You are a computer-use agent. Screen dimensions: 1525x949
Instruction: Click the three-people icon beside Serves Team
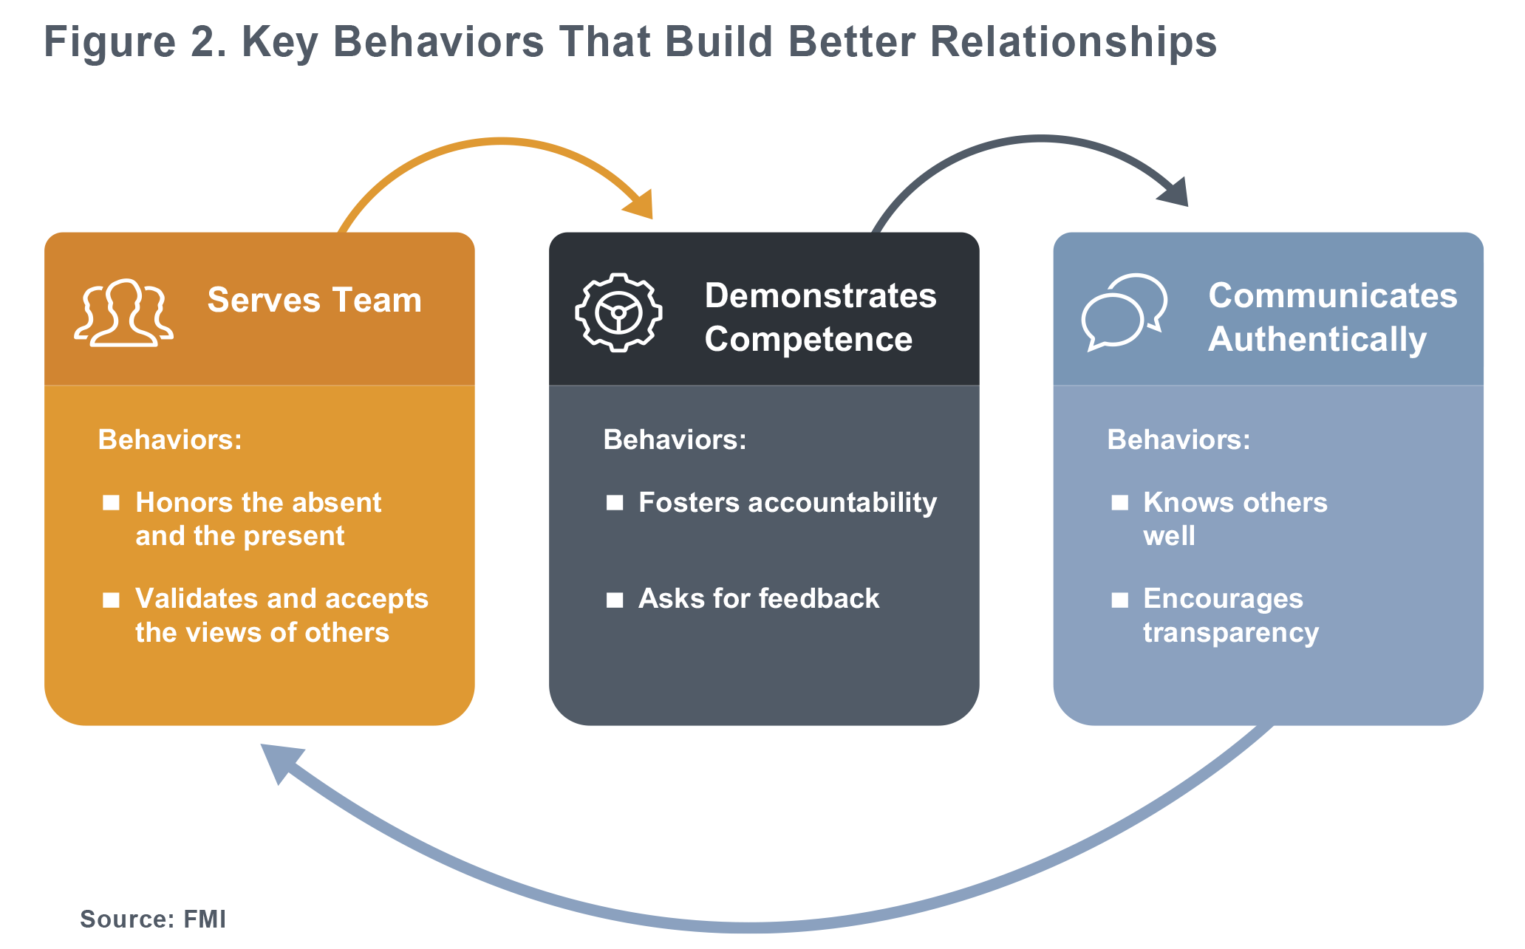tap(123, 312)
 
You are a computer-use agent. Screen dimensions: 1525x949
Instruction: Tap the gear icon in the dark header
tap(618, 312)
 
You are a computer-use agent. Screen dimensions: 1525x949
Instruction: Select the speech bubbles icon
tap(1124, 312)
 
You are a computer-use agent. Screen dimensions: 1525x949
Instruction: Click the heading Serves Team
tap(314, 301)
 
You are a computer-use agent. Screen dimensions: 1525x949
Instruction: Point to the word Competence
tap(808, 340)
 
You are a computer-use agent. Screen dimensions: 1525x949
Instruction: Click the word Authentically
tap(1317, 340)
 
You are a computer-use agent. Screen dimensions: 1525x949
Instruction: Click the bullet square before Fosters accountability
tap(615, 503)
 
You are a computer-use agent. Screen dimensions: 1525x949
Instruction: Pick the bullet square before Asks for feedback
tap(615, 600)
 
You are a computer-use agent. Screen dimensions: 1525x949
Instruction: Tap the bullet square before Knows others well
tap(1120, 503)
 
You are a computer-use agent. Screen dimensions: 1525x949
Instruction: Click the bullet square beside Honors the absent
tap(111, 503)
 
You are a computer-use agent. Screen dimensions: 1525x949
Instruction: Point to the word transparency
tap(1231, 634)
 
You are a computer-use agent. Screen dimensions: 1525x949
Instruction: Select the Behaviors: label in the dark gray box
tap(675, 439)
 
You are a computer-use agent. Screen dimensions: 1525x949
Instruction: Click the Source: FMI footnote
tap(153, 919)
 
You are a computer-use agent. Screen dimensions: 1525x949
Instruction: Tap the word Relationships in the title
tap(1073, 42)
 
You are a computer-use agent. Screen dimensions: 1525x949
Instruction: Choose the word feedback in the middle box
tap(819, 598)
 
